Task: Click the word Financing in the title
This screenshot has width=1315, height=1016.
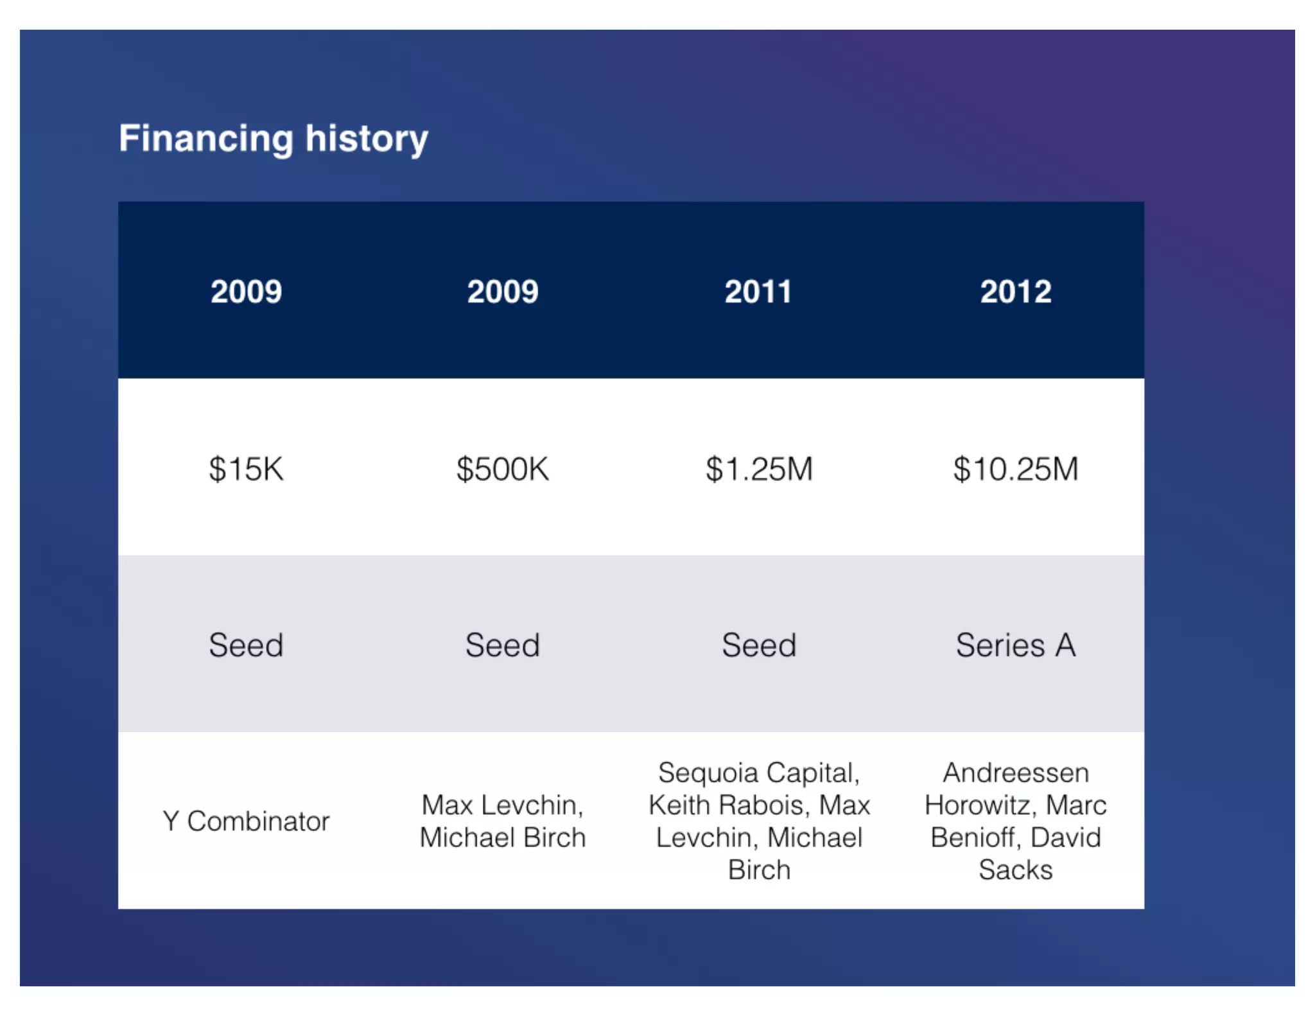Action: click(x=205, y=139)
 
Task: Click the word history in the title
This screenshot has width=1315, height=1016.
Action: click(x=366, y=139)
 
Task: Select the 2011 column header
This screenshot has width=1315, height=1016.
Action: click(x=758, y=292)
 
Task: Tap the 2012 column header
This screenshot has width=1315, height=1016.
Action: click(x=1016, y=292)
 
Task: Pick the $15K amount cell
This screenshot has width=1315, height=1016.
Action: click(x=246, y=469)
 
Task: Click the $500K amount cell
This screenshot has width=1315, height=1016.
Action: click(x=503, y=469)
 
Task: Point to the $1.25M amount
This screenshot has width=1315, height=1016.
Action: click(x=759, y=469)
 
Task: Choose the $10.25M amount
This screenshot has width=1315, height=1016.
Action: click(x=1016, y=469)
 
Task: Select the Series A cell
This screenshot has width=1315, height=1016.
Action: click(x=1016, y=645)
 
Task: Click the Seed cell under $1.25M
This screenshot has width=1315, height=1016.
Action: click(x=759, y=645)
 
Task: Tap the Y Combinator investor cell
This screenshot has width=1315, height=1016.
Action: click(x=246, y=821)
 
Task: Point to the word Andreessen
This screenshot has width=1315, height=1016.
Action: click(x=1016, y=773)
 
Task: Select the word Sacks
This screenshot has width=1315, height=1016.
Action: click(x=1016, y=870)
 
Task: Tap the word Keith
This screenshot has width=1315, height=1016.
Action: click(x=678, y=805)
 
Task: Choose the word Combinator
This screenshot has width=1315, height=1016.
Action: click(x=258, y=821)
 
